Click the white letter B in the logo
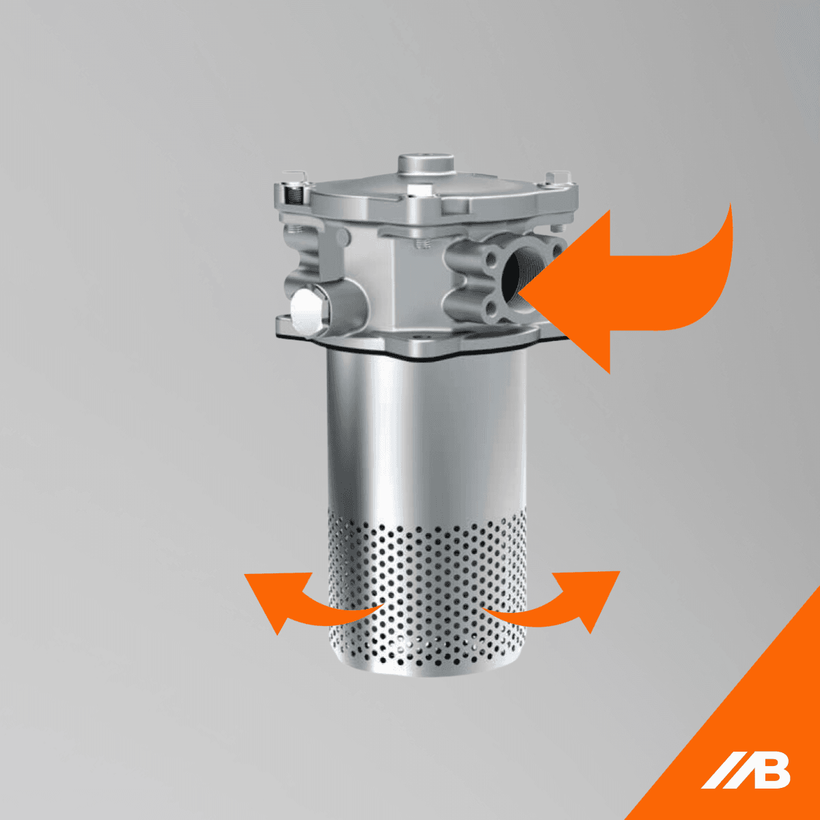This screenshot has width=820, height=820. tap(770, 771)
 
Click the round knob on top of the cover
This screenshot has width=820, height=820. tap(427, 164)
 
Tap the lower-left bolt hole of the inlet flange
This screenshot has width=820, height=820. tap(490, 314)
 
